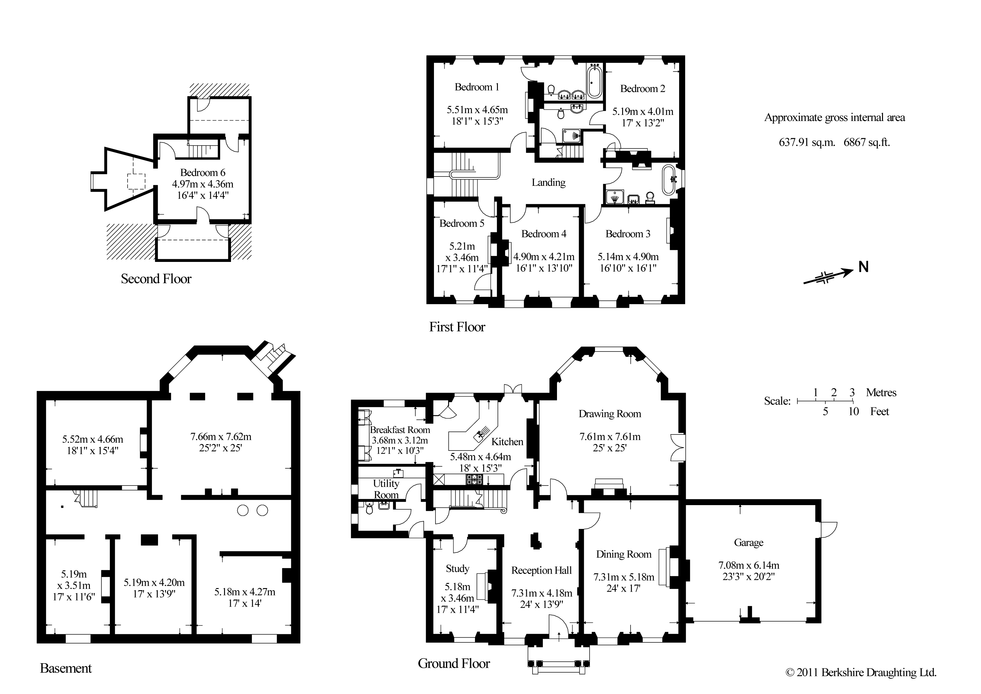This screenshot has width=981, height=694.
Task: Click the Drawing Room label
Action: [610, 414]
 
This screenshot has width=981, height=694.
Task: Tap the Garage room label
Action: [748, 543]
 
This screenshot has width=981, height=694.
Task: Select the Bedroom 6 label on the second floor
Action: [203, 173]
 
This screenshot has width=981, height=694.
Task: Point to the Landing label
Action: [548, 183]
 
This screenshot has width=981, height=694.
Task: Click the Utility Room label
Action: [386, 489]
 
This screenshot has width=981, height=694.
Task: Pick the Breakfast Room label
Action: [400, 430]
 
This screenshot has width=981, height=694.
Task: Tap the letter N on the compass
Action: [863, 267]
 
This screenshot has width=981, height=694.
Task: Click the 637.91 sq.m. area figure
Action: [807, 142]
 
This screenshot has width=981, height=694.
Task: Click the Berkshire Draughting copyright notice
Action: [861, 673]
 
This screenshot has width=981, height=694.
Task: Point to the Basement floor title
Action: [66, 668]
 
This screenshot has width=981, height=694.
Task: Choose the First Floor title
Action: [457, 327]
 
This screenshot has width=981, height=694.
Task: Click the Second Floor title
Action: [156, 279]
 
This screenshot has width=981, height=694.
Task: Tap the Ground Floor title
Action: [454, 664]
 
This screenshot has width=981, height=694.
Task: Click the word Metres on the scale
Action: [881, 393]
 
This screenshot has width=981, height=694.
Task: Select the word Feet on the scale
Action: [879, 411]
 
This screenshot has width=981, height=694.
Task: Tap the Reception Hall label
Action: [541, 570]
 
